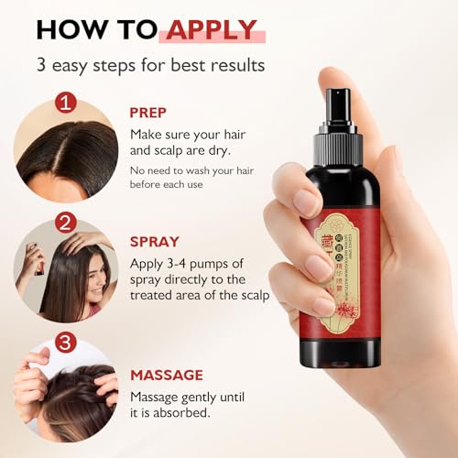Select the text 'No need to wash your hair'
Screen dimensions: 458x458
(x=193, y=170)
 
